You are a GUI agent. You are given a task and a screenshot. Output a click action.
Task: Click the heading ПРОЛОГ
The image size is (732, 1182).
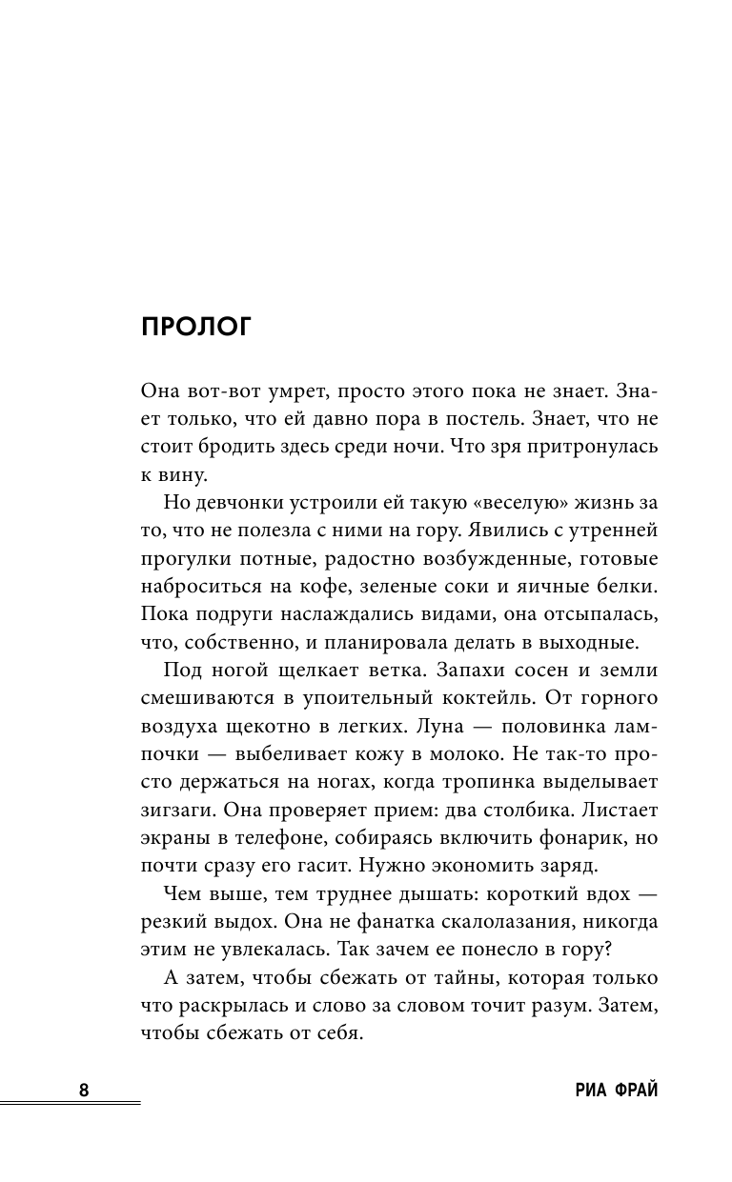tap(194, 327)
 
